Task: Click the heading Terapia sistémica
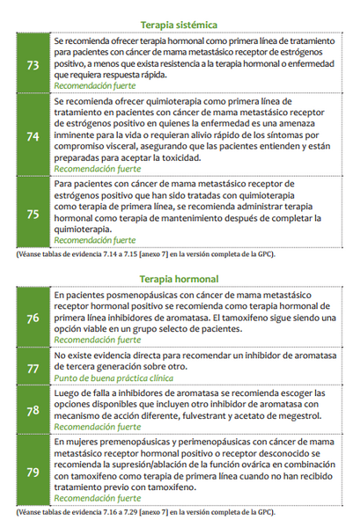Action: tap(179, 26)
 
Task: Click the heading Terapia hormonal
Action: tap(179, 279)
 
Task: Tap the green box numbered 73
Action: tap(33, 64)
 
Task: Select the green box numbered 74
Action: tap(33, 135)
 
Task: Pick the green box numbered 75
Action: tap(33, 212)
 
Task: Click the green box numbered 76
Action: tap(33, 318)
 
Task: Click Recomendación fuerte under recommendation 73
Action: tap(94, 86)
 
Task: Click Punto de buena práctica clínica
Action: tap(113, 377)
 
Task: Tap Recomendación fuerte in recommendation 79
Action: tap(94, 498)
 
